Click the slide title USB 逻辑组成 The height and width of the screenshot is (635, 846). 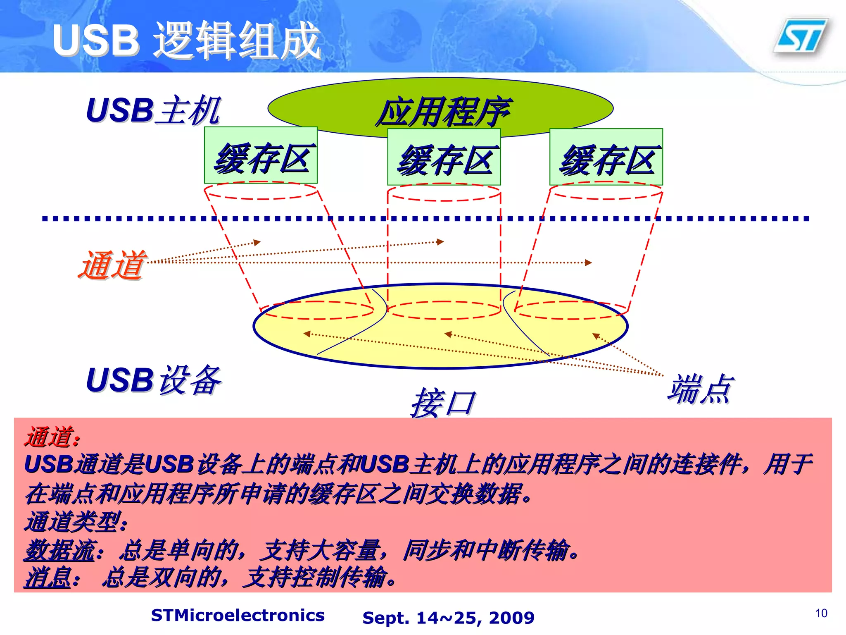[187, 40]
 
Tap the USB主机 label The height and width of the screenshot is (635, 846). [153, 111]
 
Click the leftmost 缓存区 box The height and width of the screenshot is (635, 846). [261, 156]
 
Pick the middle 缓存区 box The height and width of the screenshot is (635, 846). [444, 158]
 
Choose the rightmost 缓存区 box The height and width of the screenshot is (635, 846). [606, 158]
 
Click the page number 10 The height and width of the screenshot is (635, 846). [821, 613]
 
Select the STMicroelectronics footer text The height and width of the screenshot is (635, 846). [238, 615]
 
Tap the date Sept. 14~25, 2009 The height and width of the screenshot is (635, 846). [448, 618]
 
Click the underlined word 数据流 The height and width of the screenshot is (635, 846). [60, 550]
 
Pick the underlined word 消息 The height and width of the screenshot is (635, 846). [48, 577]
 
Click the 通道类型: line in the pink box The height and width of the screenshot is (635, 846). [76, 522]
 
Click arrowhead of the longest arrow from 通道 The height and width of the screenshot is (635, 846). [589, 263]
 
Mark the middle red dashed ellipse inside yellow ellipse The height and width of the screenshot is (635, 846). [444, 310]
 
